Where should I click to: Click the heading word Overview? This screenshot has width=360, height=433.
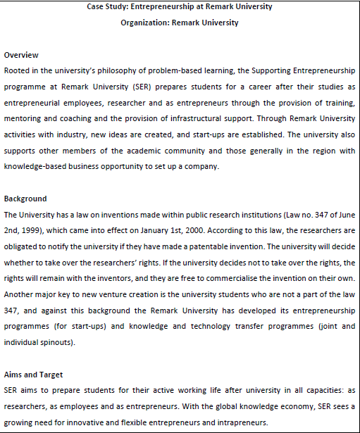(x=21, y=55)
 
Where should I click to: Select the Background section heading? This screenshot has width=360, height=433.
(x=25, y=199)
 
